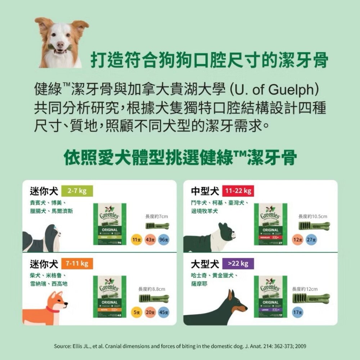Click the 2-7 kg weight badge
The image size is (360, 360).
click(77, 190)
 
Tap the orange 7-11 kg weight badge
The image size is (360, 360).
click(77, 264)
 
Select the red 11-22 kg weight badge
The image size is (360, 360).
click(238, 190)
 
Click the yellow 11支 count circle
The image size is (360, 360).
click(136, 240)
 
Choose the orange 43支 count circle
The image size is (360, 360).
click(150, 240)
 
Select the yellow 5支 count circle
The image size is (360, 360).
click(136, 312)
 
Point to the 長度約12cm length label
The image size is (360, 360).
click(305, 289)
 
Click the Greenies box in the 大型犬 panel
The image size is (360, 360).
click(270, 296)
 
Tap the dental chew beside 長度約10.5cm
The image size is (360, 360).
click(314, 226)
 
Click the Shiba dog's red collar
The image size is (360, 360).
click(53, 310)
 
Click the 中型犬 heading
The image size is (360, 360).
click(205, 190)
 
